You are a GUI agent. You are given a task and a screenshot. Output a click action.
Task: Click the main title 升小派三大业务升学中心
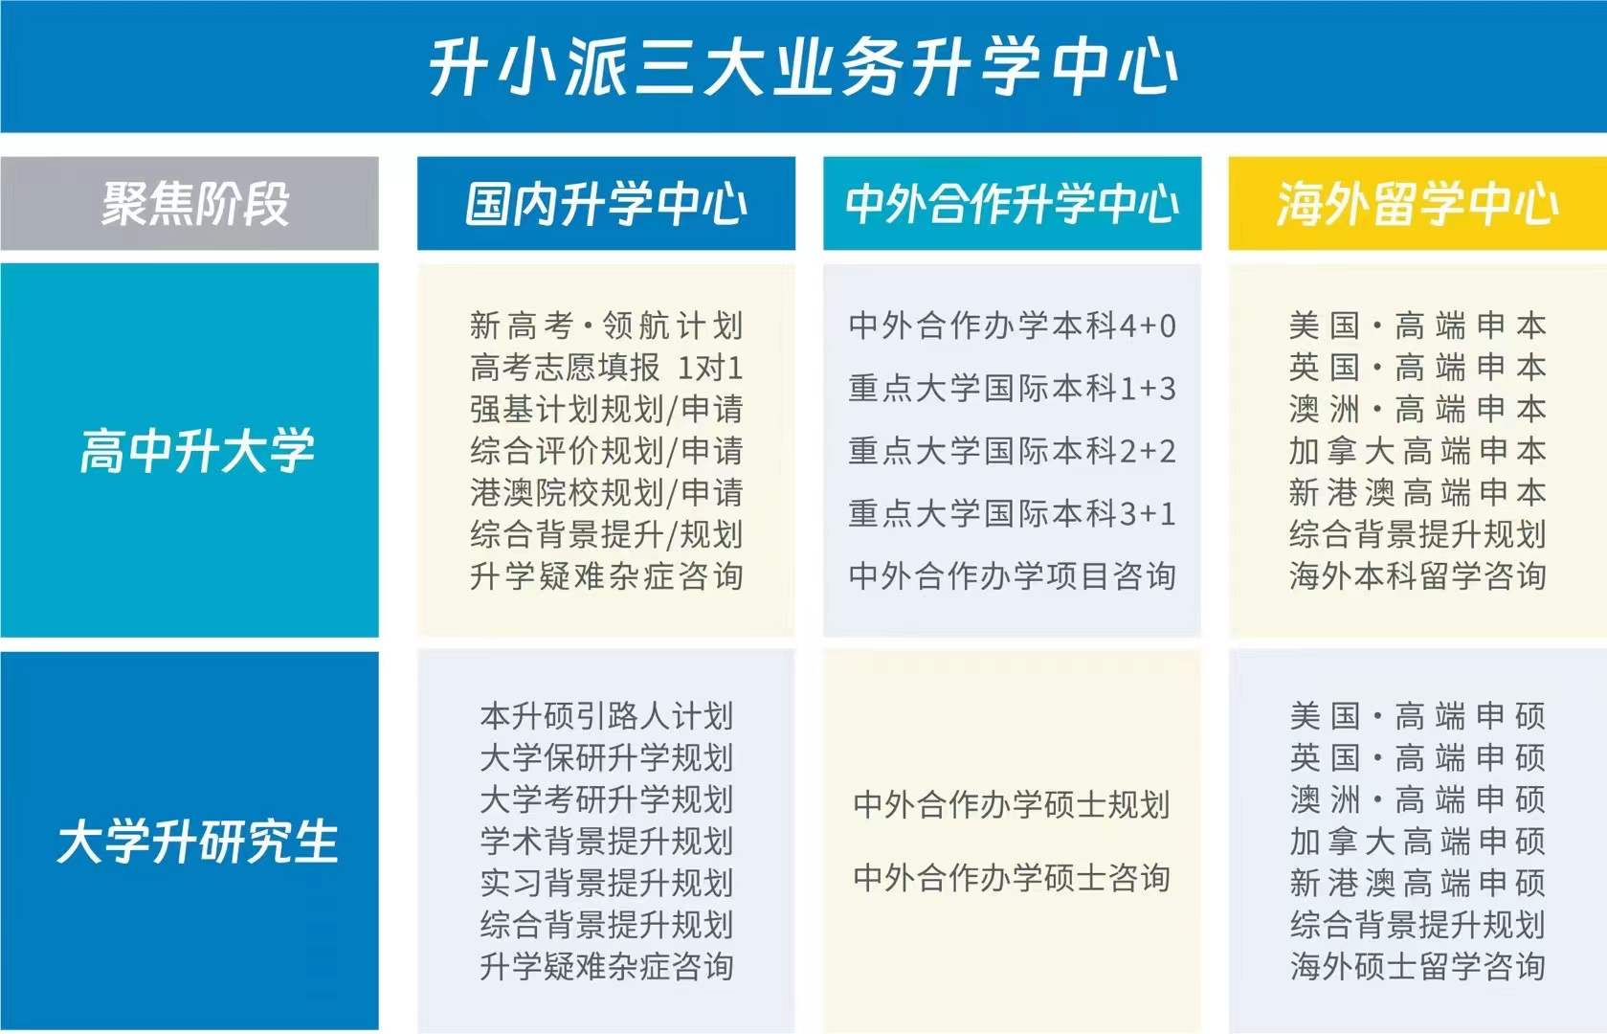[x=802, y=67]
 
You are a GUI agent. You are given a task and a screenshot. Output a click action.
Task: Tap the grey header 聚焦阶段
[x=195, y=204]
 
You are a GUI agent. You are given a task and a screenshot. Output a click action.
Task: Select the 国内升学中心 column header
[x=606, y=204]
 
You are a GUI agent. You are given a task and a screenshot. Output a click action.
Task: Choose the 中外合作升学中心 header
[x=1012, y=204]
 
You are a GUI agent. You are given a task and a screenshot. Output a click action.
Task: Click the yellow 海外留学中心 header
[x=1417, y=204]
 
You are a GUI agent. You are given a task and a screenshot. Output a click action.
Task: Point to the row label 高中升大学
[x=196, y=451]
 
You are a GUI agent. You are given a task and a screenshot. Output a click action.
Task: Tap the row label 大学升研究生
[x=196, y=842]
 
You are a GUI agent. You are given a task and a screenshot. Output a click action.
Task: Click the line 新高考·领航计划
[x=606, y=326]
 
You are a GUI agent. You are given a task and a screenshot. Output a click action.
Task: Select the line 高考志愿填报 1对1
[x=606, y=368]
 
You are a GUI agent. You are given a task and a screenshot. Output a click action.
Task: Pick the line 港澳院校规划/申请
[x=606, y=493]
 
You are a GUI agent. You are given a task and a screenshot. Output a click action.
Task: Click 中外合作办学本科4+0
[x=1012, y=326]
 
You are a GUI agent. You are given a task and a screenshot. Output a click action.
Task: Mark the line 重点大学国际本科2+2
[x=1012, y=451]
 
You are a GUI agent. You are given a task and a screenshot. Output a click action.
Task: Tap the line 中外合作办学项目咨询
[x=1012, y=576]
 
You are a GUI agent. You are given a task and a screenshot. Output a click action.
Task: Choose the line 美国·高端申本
[x=1417, y=326]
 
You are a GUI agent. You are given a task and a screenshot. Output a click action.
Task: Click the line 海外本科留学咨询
[x=1417, y=576]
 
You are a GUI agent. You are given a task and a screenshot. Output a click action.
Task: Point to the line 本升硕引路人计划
[x=606, y=716]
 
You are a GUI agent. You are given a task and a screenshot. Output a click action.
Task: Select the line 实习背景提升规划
[x=606, y=883]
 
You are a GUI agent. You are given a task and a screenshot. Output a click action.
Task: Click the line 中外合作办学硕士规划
[x=1012, y=805]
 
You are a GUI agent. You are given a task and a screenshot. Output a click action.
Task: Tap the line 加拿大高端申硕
[x=1417, y=842]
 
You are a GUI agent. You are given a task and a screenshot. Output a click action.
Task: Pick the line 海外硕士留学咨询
[x=1417, y=966]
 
